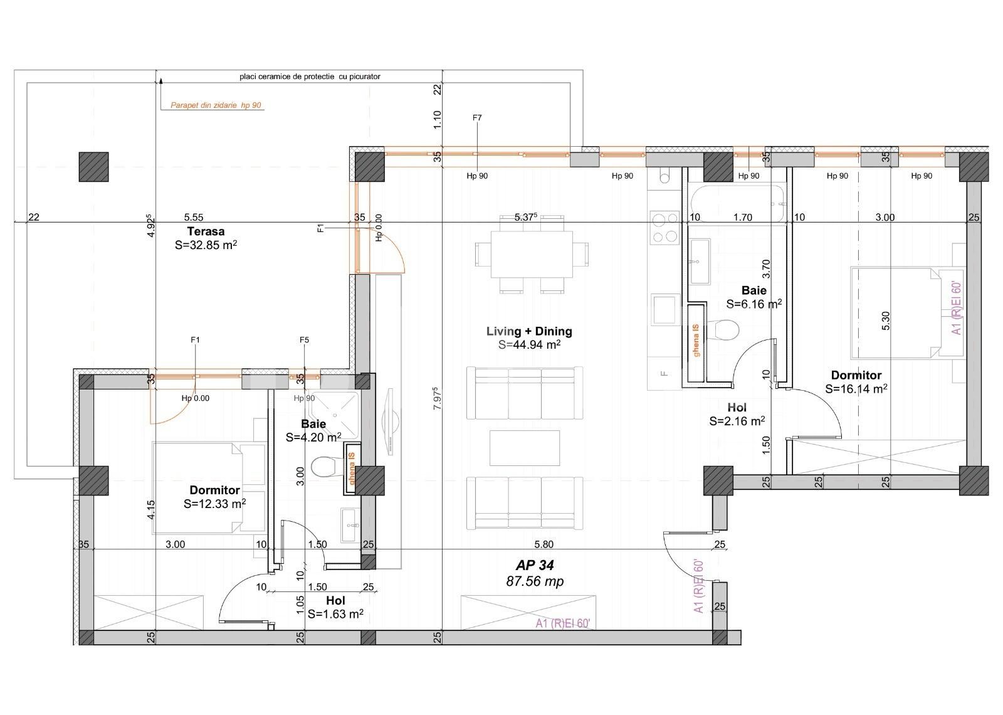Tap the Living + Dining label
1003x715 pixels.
529,331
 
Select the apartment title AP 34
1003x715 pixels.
535,566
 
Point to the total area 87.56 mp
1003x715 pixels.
535,581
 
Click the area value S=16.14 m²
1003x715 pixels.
856,389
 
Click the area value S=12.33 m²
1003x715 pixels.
214,504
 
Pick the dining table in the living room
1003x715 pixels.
532,254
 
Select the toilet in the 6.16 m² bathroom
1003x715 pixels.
727,329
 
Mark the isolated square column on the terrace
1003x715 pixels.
93,167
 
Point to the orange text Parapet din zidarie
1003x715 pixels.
216,105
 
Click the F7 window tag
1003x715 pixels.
477,117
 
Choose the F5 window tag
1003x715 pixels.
304,340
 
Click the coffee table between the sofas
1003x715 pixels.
524,447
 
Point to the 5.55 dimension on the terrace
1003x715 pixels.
194,217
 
